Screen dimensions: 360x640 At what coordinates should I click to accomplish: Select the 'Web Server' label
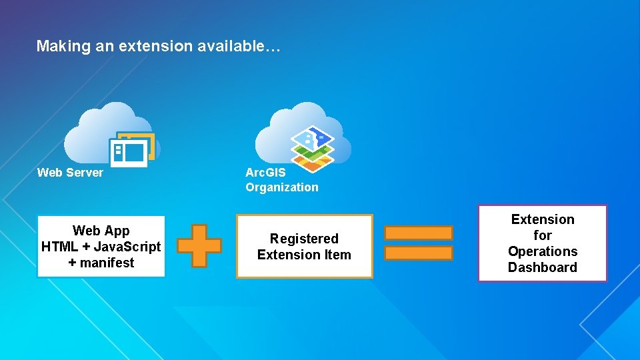click(x=70, y=173)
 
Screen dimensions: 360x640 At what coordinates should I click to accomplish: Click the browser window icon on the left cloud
click(x=131, y=150)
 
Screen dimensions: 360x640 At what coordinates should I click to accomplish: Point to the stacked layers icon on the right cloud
click(x=312, y=148)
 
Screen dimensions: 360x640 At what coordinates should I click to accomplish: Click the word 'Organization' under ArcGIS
click(x=282, y=187)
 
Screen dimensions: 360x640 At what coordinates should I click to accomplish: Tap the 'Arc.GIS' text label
click(x=265, y=173)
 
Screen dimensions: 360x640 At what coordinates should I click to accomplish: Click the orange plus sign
click(x=199, y=245)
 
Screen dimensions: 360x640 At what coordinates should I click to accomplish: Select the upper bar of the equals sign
click(x=419, y=233)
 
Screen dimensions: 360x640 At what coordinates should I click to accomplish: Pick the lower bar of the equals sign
click(x=419, y=253)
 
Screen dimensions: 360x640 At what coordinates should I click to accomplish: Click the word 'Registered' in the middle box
click(x=304, y=239)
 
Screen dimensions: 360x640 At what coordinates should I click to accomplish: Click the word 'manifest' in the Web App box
click(x=107, y=263)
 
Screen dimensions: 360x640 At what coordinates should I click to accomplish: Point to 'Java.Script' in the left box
click(x=126, y=247)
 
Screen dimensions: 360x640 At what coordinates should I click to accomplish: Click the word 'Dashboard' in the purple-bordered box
click(x=543, y=267)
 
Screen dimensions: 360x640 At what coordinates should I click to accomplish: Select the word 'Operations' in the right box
click(x=543, y=251)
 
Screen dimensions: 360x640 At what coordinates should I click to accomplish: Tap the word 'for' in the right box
click(x=543, y=235)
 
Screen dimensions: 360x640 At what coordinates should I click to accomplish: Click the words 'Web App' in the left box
click(x=101, y=231)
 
